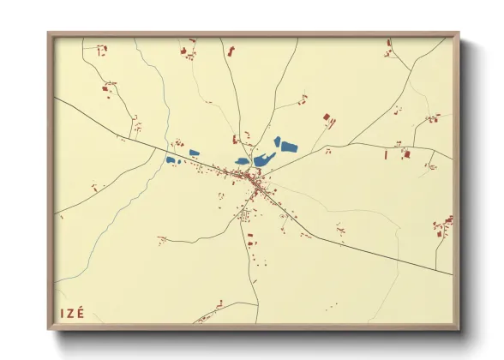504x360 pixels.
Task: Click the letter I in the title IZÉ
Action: tap(62, 313)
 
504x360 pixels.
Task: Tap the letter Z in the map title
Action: tap(71, 313)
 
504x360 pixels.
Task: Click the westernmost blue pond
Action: tap(171, 159)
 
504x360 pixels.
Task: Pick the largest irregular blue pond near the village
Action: tap(263, 159)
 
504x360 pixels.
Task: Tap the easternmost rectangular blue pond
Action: tap(289, 147)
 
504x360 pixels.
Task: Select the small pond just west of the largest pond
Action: tap(243, 160)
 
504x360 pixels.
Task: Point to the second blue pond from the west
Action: tap(195, 153)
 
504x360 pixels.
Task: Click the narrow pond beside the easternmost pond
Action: tap(277, 141)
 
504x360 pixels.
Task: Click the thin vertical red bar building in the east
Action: tap(387, 155)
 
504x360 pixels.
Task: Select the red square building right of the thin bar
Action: tap(407, 154)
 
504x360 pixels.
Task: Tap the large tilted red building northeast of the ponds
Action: tap(326, 117)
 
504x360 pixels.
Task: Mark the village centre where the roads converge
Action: tap(253, 178)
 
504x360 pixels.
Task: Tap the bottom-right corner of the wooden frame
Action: tap(457, 328)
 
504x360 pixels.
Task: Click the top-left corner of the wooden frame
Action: tap(50, 35)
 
